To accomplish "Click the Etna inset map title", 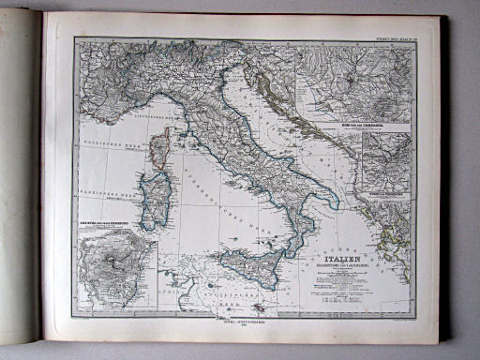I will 103,221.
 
